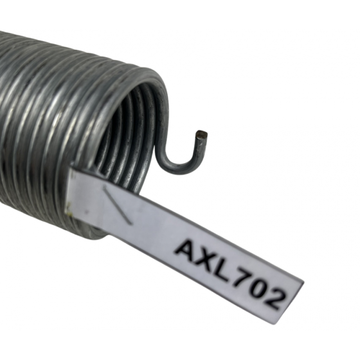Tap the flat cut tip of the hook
pyautogui.click(x=201, y=134)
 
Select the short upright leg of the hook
pyautogui.click(x=197, y=148)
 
